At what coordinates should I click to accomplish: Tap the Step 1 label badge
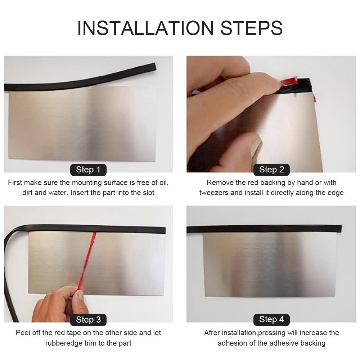click(88, 170)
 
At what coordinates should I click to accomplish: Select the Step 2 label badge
click(271, 170)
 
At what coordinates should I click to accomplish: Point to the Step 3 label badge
click(88, 320)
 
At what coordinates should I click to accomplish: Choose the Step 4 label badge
click(271, 319)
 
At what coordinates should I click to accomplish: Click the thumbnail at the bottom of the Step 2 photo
click(256, 148)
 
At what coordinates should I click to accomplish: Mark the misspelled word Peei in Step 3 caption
click(24, 333)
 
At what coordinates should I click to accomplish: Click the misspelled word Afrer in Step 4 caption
click(212, 333)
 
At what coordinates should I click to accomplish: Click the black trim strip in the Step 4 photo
click(265, 229)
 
